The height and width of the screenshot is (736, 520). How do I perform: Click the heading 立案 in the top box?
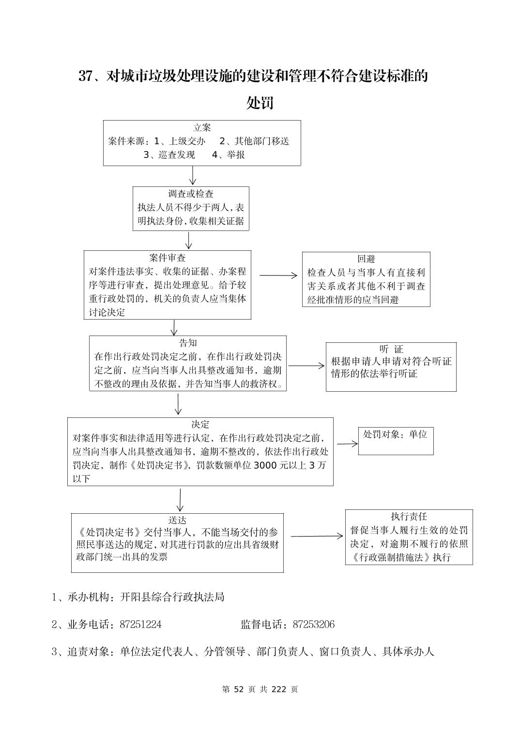click(202, 128)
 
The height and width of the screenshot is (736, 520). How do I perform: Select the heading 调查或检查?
click(191, 194)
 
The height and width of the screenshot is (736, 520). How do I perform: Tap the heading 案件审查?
click(168, 258)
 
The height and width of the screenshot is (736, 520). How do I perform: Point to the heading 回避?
click(366, 259)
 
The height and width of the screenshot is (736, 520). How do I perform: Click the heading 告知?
click(188, 343)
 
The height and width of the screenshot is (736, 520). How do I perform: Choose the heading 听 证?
click(391, 349)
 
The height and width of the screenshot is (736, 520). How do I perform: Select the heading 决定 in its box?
click(200, 425)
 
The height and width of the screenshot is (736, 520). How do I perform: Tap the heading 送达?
click(177, 521)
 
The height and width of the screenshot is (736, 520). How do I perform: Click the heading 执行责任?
click(409, 517)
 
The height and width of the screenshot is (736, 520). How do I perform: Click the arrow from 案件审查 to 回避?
click(278, 276)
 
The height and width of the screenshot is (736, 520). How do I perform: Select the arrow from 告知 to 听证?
click(306, 366)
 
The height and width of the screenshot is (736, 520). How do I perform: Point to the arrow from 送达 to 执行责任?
click(317, 536)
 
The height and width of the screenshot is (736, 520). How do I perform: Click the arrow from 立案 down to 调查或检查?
click(193, 176)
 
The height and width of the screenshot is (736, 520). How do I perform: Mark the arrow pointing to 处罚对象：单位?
click(347, 443)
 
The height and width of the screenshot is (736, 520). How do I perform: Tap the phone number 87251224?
click(140, 625)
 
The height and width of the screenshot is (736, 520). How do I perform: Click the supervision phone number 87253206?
click(313, 625)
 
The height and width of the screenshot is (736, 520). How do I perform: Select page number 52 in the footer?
click(241, 690)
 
